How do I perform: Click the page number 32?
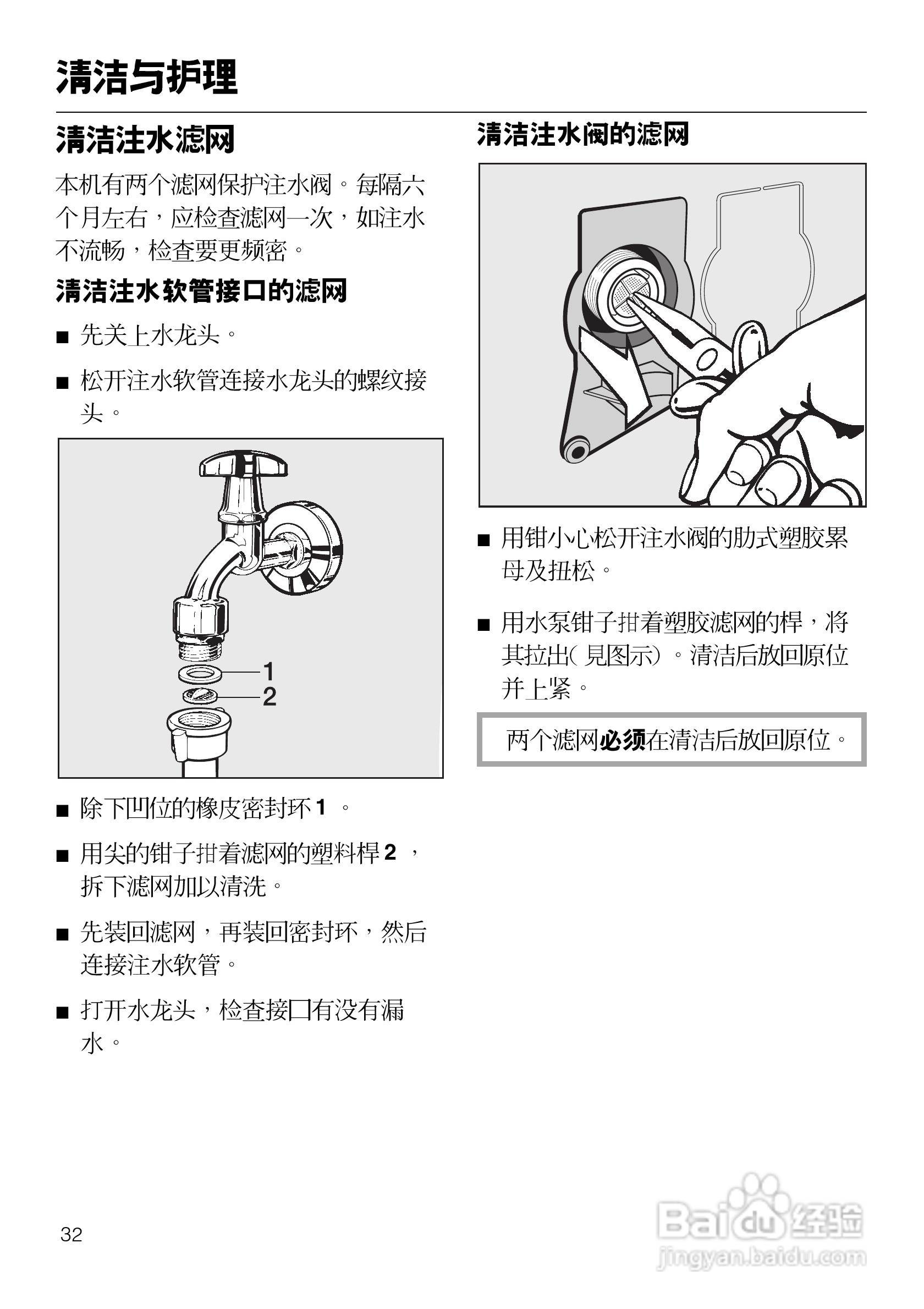click(x=71, y=1234)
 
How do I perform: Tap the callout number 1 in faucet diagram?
click(x=269, y=671)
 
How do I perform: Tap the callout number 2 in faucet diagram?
click(x=269, y=696)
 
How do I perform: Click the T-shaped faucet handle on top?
click(x=244, y=463)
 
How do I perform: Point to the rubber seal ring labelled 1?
click(x=200, y=673)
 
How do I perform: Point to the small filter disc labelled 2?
click(x=200, y=696)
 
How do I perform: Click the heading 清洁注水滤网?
click(x=145, y=140)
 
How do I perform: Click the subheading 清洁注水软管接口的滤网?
click(x=201, y=291)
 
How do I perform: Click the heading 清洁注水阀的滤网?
click(x=582, y=135)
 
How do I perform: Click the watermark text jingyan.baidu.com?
click(x=761, y=1257)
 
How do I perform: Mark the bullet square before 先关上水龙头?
click(x=63, y=337)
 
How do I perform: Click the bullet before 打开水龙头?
click(x=63, y=1013)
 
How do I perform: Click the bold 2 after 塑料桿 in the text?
click(x=390, y=852)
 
